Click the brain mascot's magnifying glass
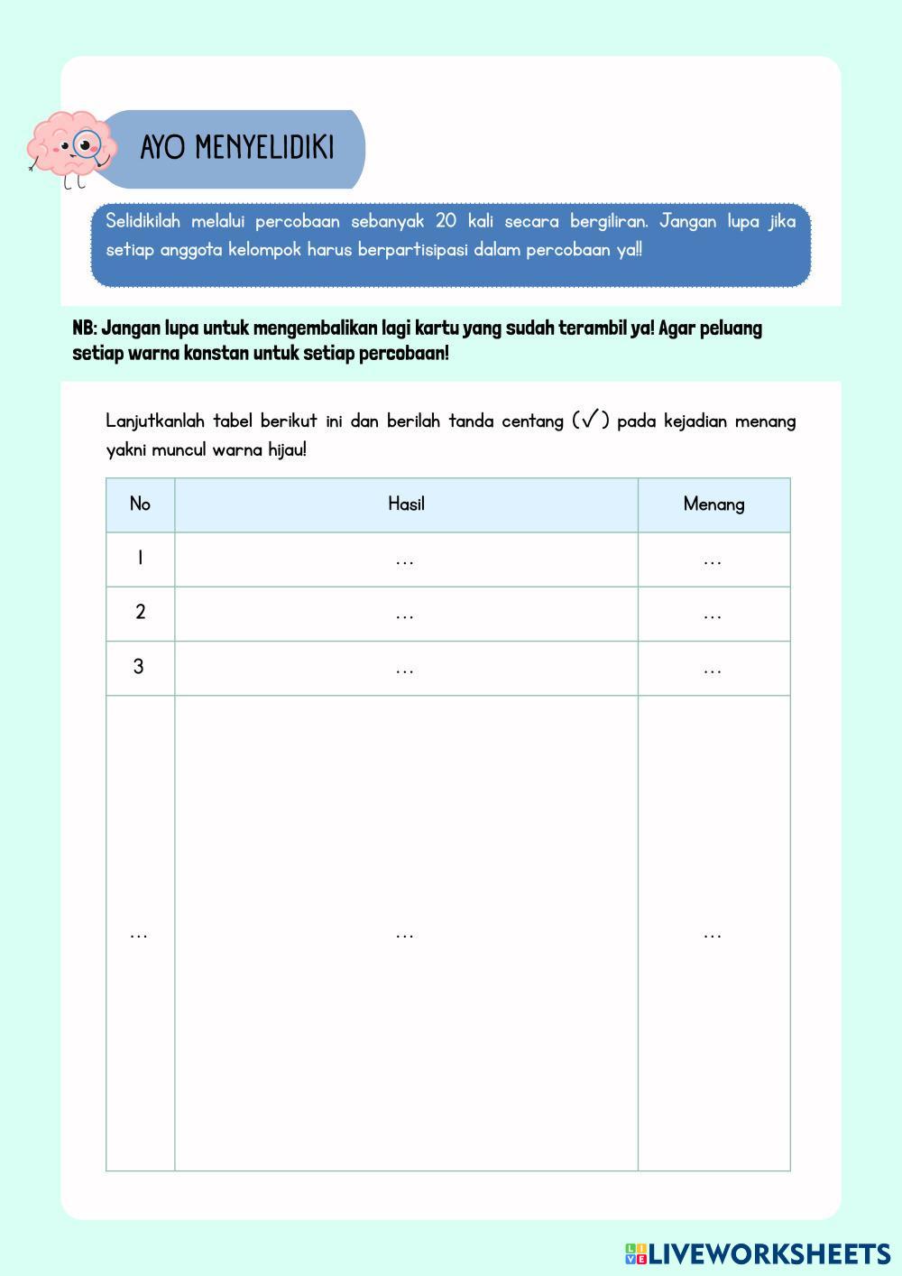(87, 144)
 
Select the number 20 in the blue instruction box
(446, 221)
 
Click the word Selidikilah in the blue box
(143, 221)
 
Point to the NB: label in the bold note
(85, 328)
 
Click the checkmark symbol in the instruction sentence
(591, 420)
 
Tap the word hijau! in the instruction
(287, 449)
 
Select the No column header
(140, 504)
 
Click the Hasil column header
(406, 504)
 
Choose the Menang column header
(713, 504)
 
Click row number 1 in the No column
(140, 559)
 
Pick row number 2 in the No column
(140, 613)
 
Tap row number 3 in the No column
(139, 667)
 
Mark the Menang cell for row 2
(713, 615)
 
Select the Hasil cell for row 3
(405, 669)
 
